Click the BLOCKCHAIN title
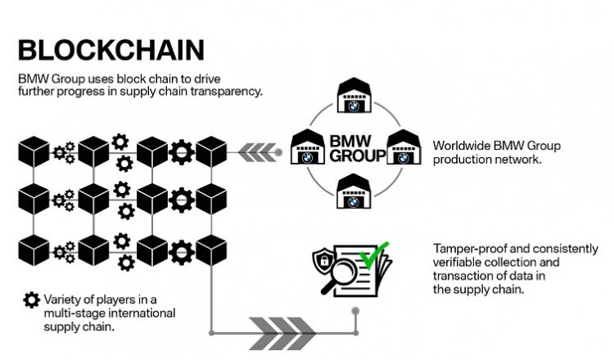click(111, 50)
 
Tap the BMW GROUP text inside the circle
click(358, 148)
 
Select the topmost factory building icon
click(354, 95)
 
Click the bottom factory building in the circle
click(354, 191)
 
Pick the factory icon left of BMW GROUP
click(308, 146)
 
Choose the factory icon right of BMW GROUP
click(404, 146)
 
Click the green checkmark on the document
click(374, 255)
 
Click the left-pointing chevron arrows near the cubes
click(257, 152)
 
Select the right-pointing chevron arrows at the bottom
click(282, 333)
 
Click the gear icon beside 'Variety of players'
click(31, 300)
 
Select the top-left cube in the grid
click(34, 152)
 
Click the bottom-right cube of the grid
click(211, 250)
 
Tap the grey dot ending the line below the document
click(355, 311)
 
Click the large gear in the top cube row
click(182, 152)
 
